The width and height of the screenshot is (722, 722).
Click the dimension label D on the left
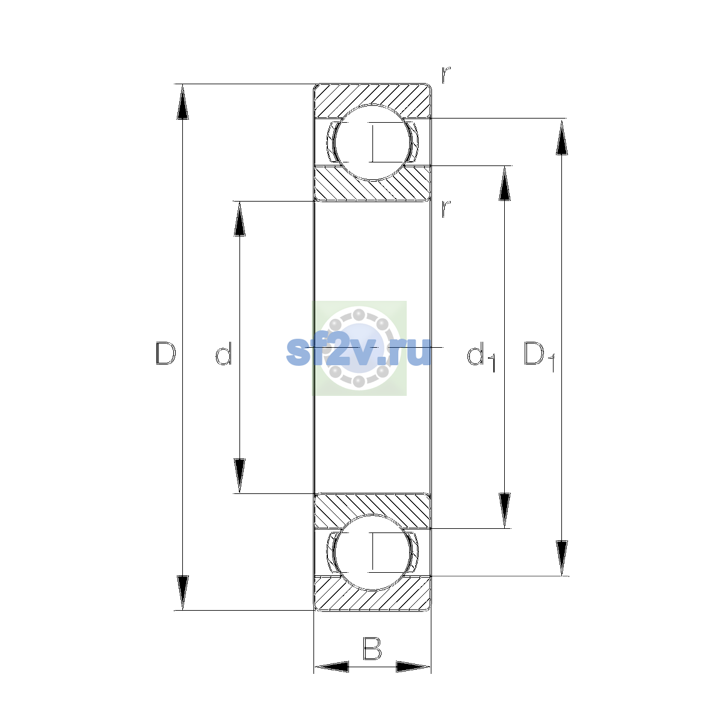(165, 353)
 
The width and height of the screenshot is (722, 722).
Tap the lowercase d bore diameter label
(224, 353)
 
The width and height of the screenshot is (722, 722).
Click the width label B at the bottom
(372, 648)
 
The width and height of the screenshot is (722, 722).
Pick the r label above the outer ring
(446, 75)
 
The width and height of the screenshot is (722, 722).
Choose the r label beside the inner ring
(446, 209)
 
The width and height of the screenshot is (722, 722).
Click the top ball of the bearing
(372, 143)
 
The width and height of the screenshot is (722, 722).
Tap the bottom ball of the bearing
(372, 553)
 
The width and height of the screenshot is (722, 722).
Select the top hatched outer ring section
(372, 96)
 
